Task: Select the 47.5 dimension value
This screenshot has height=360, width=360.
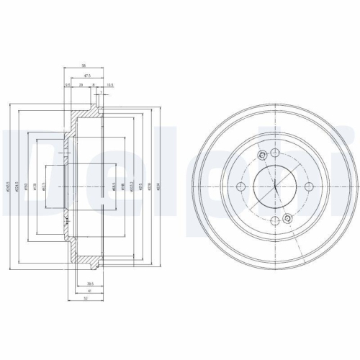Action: coord(87,74)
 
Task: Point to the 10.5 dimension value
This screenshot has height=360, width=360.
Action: coord(109,84)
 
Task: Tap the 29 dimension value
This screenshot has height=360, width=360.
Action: coord(81,84)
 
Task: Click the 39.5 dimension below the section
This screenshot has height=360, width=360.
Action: coord(91,284)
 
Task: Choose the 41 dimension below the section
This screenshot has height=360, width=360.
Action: coord(88,290)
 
